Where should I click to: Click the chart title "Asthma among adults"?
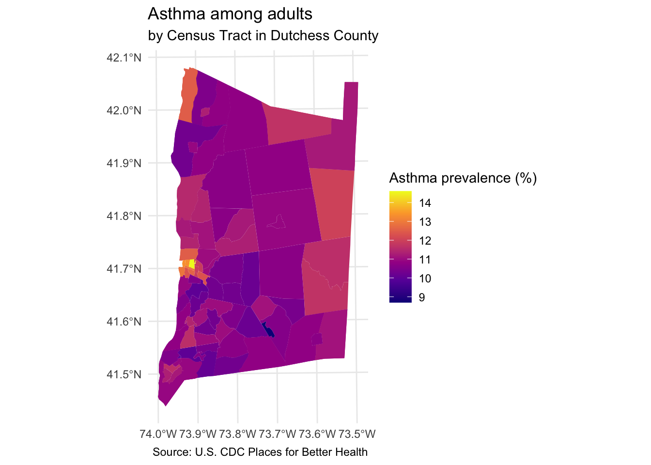230,14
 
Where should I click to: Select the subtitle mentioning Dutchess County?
263,36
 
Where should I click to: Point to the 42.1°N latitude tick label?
124,58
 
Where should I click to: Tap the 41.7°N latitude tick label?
124,268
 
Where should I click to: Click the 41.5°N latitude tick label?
124,374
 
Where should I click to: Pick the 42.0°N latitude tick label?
124,110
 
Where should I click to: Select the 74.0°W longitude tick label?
158,433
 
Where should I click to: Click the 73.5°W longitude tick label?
357,433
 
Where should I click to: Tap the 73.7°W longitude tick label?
278,433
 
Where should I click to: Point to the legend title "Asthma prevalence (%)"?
463,178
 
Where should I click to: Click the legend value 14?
425,203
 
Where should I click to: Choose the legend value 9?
422,297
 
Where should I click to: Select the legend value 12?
425,241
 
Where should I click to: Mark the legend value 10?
425,279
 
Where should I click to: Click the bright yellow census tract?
192,264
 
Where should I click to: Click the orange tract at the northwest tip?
188,94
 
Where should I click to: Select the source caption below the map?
260,452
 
